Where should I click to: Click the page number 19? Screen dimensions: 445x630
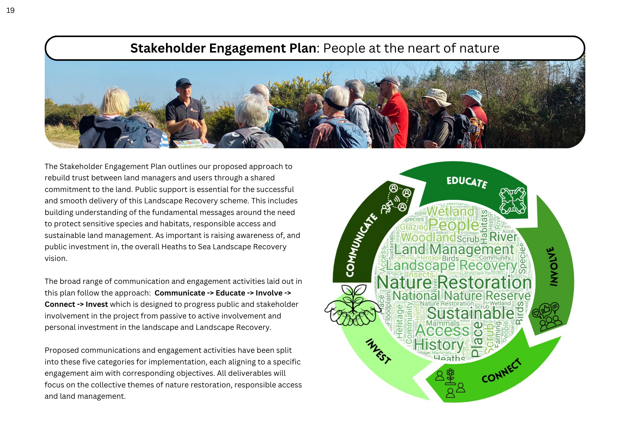click(x=10, y=10)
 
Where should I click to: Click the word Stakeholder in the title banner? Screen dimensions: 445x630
click(x=168, y=48)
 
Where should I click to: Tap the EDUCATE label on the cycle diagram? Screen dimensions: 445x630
click(x=467, y=182)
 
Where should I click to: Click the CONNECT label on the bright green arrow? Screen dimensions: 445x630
click(x=502, y=371)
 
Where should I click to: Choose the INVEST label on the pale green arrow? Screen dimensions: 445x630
click(x=378, y=351)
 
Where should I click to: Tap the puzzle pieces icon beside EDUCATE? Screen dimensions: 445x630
click(x=513, y=200)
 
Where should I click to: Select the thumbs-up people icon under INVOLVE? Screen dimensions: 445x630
click(x=547, y=317)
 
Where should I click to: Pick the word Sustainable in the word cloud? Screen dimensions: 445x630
click(x=470, y=313)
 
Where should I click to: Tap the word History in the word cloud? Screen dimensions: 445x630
click(x=438, y=345)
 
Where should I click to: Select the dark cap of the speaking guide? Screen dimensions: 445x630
click(x=183, y=82)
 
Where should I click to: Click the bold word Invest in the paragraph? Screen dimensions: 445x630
click(x=97, y=304)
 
